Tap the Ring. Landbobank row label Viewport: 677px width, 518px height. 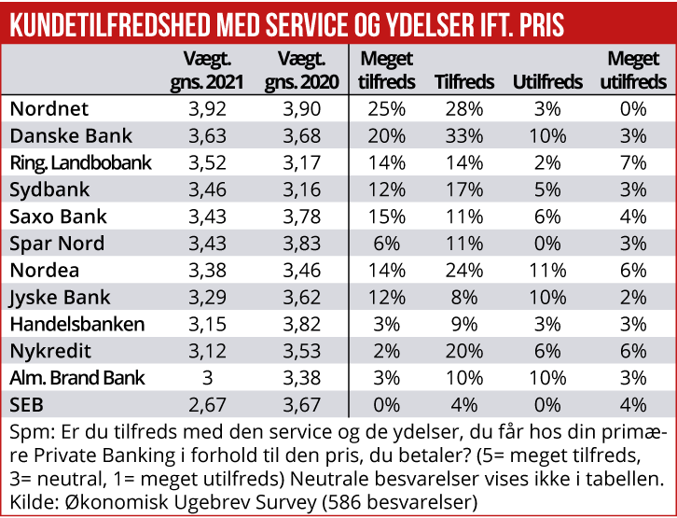click(80, 162)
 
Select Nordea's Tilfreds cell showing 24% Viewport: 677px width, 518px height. click(460, 272)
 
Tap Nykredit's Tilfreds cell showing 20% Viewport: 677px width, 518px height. click(460, 353)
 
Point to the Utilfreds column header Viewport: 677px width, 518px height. click(548, 81)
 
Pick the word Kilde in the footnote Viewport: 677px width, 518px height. click(31, 501)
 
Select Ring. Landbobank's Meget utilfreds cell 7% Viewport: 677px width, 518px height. click(634, 162)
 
